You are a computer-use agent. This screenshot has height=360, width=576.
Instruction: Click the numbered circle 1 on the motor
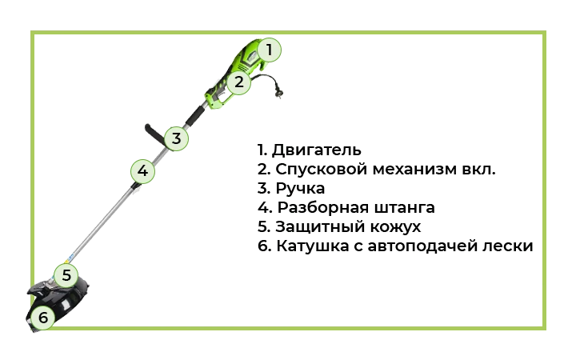(x=269, y=50)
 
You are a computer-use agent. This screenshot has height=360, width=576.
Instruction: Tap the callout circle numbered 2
(x=238, y=82)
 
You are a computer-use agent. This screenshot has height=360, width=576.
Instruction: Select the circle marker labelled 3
(x=176, y=138)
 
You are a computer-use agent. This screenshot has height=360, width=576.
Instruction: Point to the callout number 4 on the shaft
(x=142, y=171)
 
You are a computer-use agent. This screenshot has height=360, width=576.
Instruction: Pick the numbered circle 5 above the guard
(x=66, y=275)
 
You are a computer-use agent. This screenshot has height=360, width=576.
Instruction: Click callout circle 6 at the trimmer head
(x=42, y=318)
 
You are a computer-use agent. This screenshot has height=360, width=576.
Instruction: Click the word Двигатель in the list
(x=316, y=150)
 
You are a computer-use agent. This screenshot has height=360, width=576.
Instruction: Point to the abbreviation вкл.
(x=477, y=169)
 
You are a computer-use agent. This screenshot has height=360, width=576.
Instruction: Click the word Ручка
(x=300, y=189)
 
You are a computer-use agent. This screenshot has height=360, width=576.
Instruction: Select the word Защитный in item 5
(x=319, y=226)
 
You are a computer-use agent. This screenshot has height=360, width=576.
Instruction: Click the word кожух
(x=395, y=226)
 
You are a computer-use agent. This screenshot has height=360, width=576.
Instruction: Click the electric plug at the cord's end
(x=279, y=94)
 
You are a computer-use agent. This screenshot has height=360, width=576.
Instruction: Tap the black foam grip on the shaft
(x=194, y=116)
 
